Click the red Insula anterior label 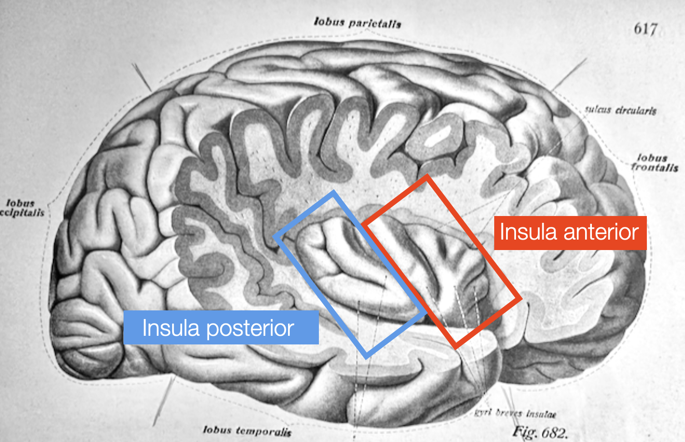pos(570,232)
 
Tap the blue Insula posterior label pos(221,328)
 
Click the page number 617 pos(645,29)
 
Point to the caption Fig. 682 pos(540,432)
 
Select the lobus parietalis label pos(357,22)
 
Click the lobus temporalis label pos(247,430)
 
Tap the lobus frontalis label pos(654,162)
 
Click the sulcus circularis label pos(620,110)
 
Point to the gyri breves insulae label pos(516,413)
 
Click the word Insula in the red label pos(528,232)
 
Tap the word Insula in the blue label pos(171,328)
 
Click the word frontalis pos(655,167)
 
